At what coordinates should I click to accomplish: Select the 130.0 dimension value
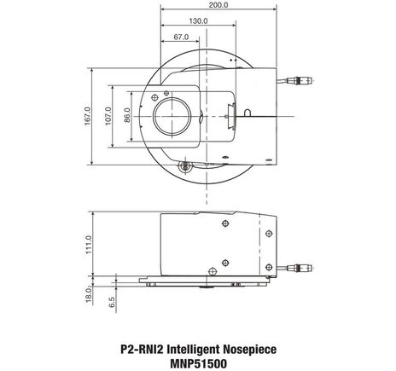(x=198, y=21)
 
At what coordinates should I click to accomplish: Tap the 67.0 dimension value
(x=180, y=38)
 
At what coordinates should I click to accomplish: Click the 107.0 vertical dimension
(x=108, y=115)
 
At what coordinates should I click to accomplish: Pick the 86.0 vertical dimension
(x=126, y=115)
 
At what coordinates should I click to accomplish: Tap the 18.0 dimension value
(x=89, y=292)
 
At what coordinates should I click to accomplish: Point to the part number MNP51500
(x=198, y=363)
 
